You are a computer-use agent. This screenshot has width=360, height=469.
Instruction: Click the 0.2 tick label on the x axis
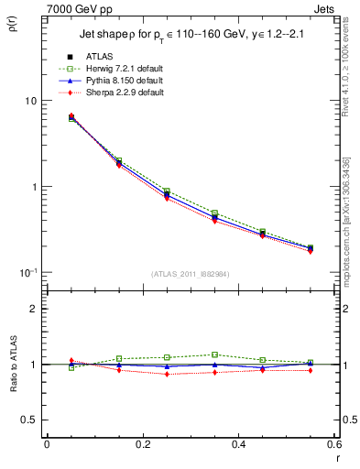(x=142, y=443)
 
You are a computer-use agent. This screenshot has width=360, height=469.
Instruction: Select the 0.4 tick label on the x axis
(x=238, y=443)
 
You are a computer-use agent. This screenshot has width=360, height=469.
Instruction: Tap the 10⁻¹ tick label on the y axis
(x=27, y=272)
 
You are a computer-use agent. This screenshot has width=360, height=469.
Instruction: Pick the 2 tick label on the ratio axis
(x=34, y=309)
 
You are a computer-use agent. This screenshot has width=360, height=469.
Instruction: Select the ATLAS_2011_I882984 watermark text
(x=190, y=275)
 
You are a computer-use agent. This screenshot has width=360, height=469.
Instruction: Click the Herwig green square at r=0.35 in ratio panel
(x=214, y=354)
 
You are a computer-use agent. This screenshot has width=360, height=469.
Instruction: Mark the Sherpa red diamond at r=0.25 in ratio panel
(x=167, y=374)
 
